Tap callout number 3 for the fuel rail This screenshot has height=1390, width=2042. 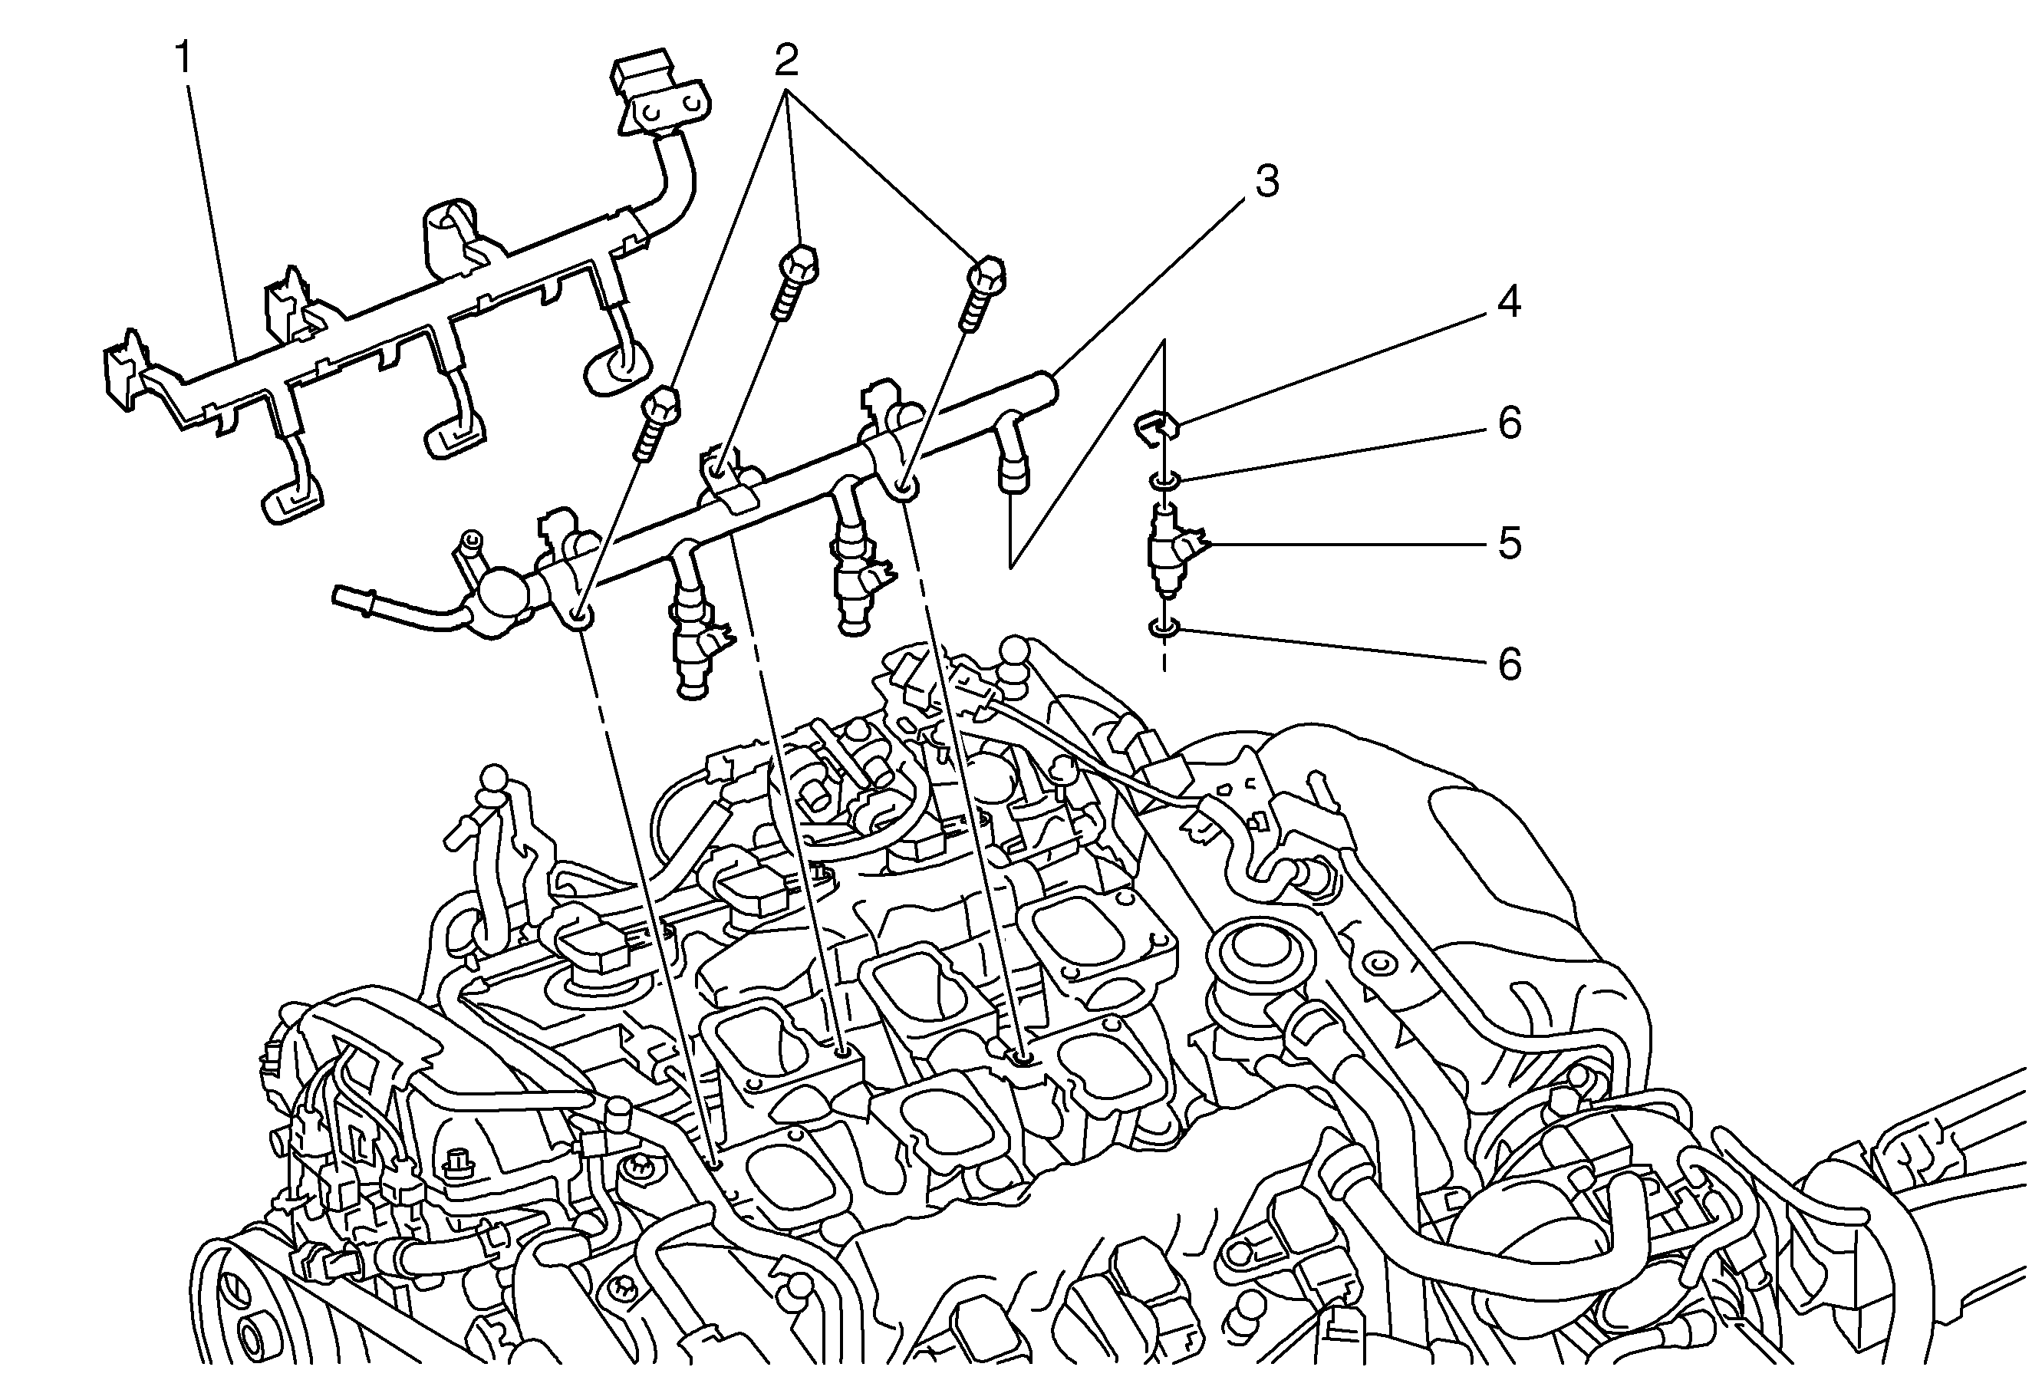(x=1266, y=181)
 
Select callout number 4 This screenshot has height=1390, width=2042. (x=1509, y=302)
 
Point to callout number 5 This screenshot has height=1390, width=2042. (x=1510, y=544)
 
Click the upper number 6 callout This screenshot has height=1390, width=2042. (x=1510, y=423)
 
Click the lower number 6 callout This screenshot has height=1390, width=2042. (x=1510, y=664)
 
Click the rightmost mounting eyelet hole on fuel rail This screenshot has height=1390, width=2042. (x=906, y=487)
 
